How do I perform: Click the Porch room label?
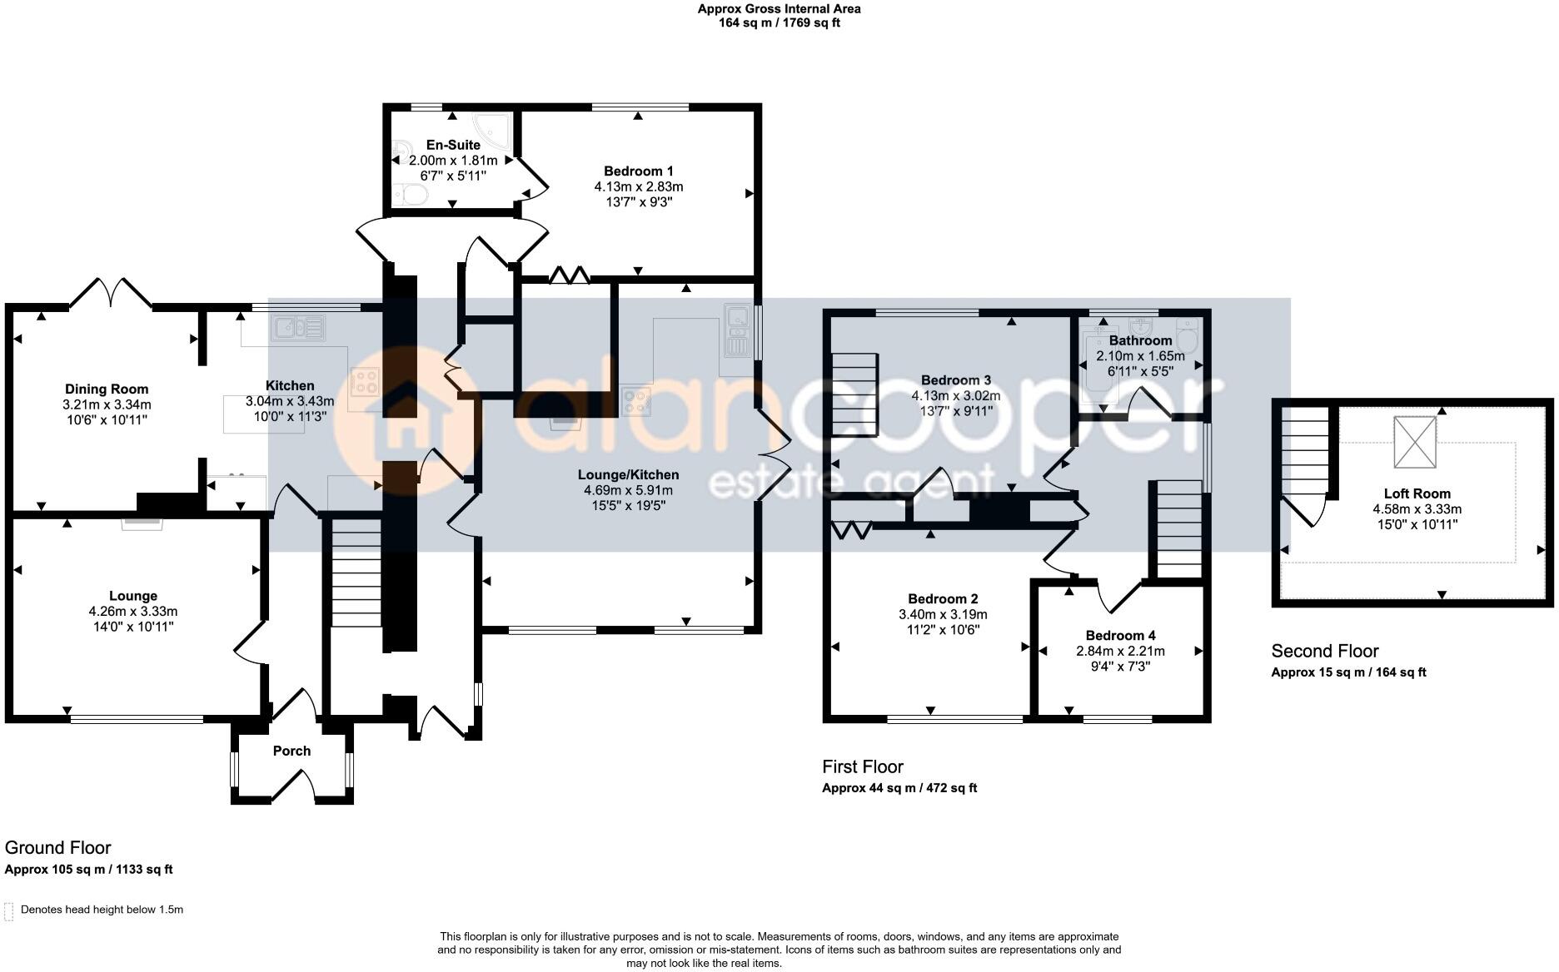coord(291,751)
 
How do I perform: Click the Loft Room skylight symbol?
coord(1416,443)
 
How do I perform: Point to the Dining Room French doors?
coord(110,292)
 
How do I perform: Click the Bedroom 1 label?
coord(638,171)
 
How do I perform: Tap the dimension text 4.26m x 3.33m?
coord(133,612)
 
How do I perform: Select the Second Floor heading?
coord(1324,652)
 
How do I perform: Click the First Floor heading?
coord(862,766)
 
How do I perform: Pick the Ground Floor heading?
coord(57,848)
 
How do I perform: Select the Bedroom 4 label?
coord(1120,636)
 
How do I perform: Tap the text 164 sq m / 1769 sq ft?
coord(779,23)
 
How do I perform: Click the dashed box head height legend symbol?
coord(9,910)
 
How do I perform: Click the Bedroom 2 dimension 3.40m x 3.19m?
coord(943,615)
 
